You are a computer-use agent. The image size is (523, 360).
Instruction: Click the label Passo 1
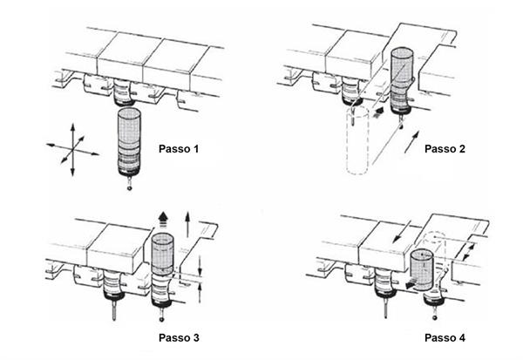(179, 149)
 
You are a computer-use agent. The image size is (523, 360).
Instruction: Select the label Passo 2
(445, 149)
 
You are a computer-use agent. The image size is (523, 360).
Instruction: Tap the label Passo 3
(179, 337)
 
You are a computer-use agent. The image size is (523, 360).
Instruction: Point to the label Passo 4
(445, 337)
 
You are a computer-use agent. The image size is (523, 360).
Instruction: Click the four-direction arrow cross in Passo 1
(72, 149)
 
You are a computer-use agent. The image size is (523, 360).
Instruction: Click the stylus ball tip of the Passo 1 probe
(130, 188)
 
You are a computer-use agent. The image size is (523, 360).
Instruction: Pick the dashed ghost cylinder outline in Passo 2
(357, 140)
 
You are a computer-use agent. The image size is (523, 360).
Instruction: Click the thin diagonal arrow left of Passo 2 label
(411, 142)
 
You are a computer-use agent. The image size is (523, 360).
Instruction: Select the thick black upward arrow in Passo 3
(163, 219)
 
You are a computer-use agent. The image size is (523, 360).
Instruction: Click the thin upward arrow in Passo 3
(187, 225)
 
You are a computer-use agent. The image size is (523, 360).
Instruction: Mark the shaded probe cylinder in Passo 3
(163, 254)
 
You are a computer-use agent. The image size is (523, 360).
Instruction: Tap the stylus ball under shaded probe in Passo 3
(162, 319)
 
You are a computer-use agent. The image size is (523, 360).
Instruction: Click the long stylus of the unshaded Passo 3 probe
(114, 309)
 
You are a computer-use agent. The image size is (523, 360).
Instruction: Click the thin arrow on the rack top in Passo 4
(401, 232)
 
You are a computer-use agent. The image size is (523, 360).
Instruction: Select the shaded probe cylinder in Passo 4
(422, 270)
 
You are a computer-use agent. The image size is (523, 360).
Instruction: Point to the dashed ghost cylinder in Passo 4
(435, 254)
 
